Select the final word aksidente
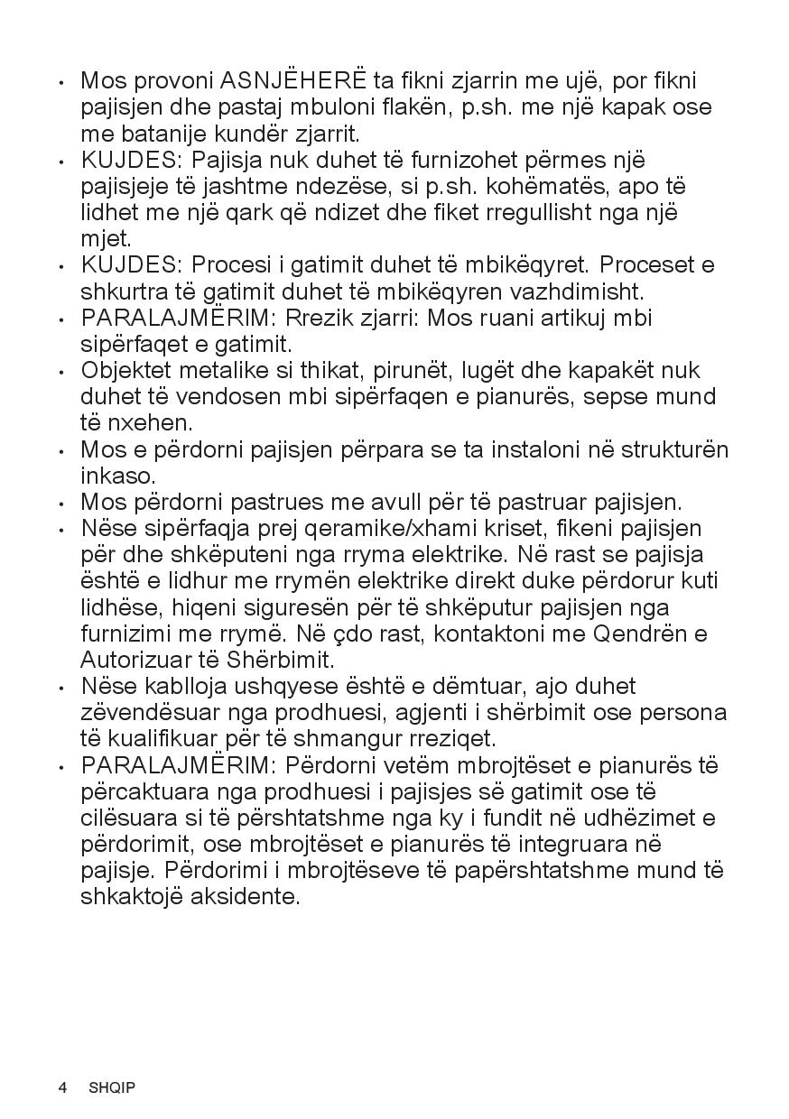246,897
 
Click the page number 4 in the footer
62,1087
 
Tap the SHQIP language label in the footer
112,1087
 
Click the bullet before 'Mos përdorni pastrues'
61,504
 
